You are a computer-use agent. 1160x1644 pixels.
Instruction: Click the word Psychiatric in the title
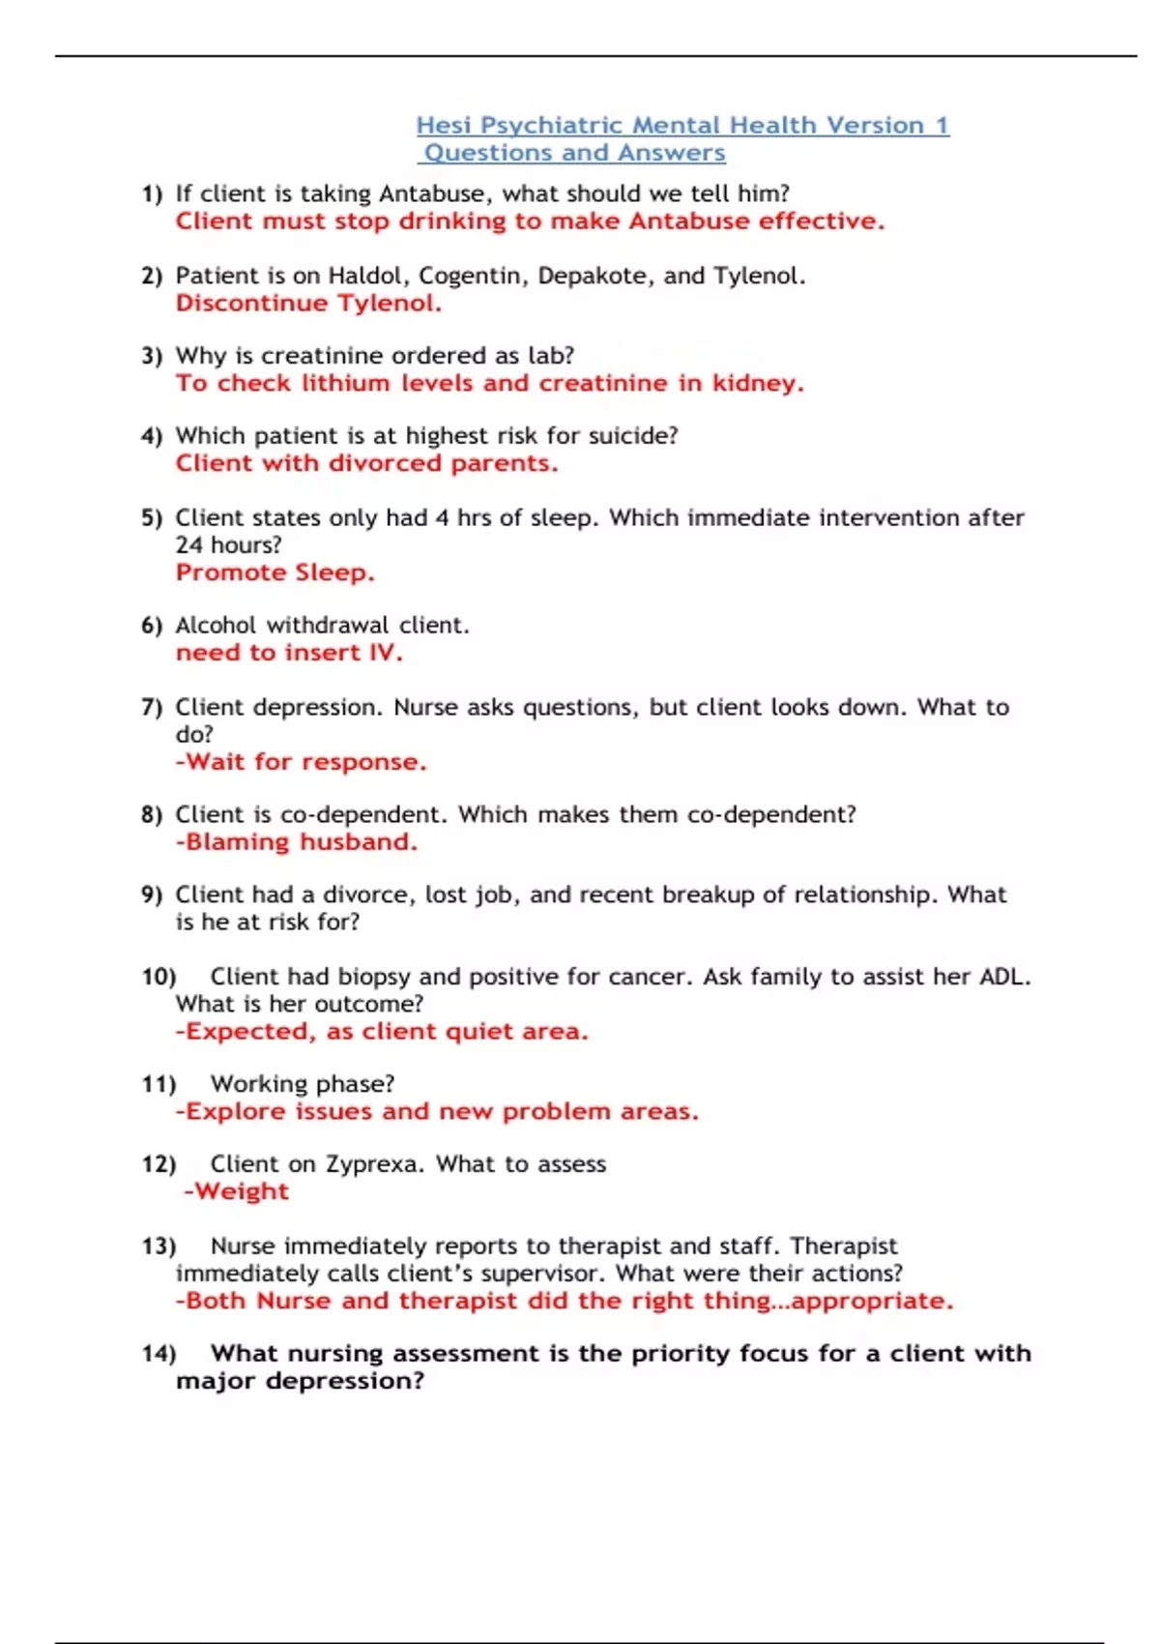point(552,126)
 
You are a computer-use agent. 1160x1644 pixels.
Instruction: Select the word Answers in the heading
point(671,153)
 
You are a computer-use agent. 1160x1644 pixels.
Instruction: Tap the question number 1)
point(152,194)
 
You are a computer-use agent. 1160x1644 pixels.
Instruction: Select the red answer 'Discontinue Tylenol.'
point(308,304)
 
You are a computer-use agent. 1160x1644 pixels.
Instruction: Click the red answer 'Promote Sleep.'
point(275,572)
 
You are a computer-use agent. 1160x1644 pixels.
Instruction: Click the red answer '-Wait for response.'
point(301,762)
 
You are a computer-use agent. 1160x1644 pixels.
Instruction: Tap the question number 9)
point(152,895)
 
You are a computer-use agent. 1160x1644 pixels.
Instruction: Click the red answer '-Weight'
point(236,1191)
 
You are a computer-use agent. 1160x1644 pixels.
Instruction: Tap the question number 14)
point(159,1354)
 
